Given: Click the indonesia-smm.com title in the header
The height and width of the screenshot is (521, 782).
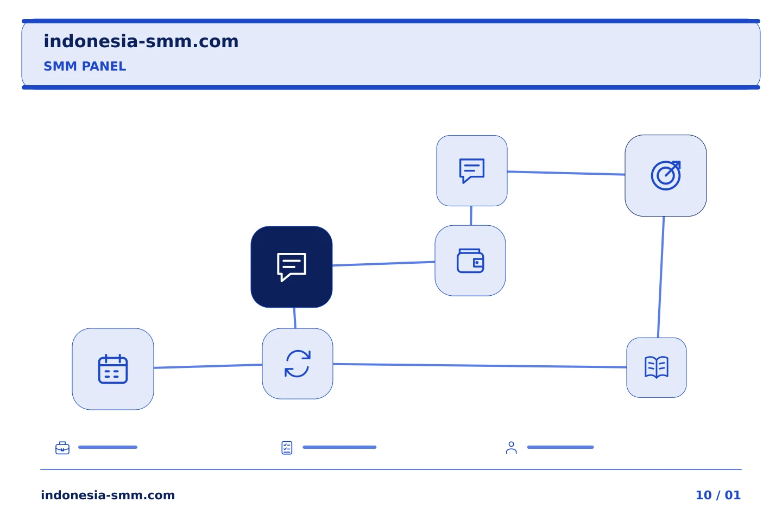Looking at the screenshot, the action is click(x=141, y=42).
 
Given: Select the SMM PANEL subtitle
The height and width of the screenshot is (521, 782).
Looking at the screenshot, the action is click(x=85, y=66).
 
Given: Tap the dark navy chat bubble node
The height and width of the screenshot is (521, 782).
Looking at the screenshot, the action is click(x=292, y=267).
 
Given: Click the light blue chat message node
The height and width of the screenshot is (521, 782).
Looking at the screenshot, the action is click(x=471, y=170).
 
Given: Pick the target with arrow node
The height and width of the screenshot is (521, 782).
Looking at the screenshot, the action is click(x=666, y=175).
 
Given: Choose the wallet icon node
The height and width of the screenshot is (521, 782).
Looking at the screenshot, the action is click(x=470, y=260).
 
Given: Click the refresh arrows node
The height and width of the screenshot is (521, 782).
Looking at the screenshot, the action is click(x=298, y=364).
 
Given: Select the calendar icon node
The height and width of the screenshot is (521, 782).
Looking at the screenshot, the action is click(x=113, y=369).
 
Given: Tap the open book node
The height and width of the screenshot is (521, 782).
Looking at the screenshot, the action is click(x=657, y=367).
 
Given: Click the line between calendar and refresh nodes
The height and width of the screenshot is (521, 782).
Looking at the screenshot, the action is click(x=208, y=366).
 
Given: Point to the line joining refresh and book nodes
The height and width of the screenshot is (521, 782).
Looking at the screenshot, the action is click(x=480, y=365).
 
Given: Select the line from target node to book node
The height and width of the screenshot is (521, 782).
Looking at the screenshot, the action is click(x=661, y=277).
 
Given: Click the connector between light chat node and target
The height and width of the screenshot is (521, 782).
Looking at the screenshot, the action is click(x=566, y=173).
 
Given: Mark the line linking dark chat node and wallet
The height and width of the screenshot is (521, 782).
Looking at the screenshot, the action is click(x=383, y=263).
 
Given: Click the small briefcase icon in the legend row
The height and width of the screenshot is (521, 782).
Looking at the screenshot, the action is click(x=62, y=448).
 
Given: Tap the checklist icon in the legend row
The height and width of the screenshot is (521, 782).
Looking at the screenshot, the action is click(x=287, y=448).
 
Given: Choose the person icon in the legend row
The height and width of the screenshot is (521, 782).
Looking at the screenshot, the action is click(x=512, y=448).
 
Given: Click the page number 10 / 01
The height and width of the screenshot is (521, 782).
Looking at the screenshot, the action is click(x=718, y=495).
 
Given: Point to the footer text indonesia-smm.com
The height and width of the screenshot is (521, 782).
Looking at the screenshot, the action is click(x=108, y=495).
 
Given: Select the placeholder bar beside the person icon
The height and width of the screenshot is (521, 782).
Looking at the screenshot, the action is click(x=560, y=447).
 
